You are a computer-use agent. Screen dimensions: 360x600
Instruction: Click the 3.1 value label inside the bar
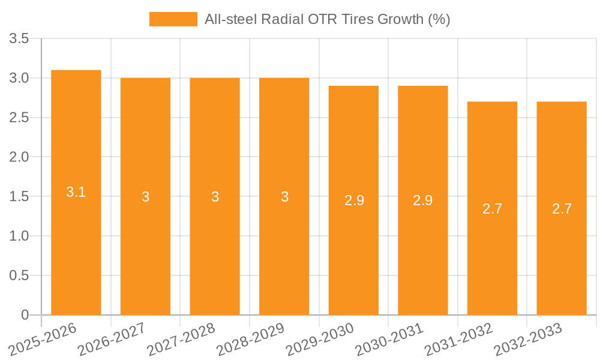click(x=76, y=193)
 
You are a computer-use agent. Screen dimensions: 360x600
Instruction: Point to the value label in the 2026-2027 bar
click(x=146, y=197)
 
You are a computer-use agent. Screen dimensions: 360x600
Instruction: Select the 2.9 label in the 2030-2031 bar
click(x=423, y=200)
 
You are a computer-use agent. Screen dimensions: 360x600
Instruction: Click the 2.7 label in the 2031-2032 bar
click(x=492, y=209)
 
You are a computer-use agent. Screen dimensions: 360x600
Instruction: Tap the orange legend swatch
click(x=173, y=19)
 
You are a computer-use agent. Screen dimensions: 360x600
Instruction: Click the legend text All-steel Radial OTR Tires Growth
click(x=327, y=19)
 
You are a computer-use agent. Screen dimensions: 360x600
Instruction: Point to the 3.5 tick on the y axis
click(x=19, y=39)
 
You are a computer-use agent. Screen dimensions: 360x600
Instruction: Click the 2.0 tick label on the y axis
click(x=19, y=157)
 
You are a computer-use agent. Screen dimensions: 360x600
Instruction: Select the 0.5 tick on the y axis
click(x=19, y=275)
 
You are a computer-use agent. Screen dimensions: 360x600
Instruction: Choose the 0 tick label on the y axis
click(x=25, y=315)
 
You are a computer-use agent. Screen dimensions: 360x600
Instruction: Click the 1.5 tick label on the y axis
click(x=19, y=197)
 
